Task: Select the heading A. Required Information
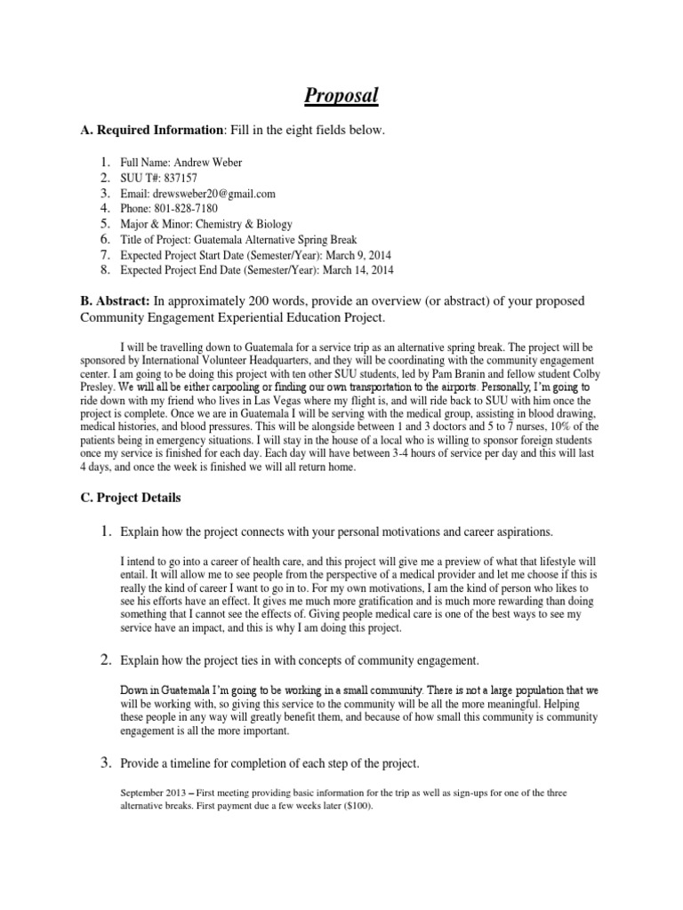(152, 131)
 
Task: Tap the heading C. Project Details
(132, 498)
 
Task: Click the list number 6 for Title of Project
(104, 239)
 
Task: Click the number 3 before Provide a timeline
(104, 763)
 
